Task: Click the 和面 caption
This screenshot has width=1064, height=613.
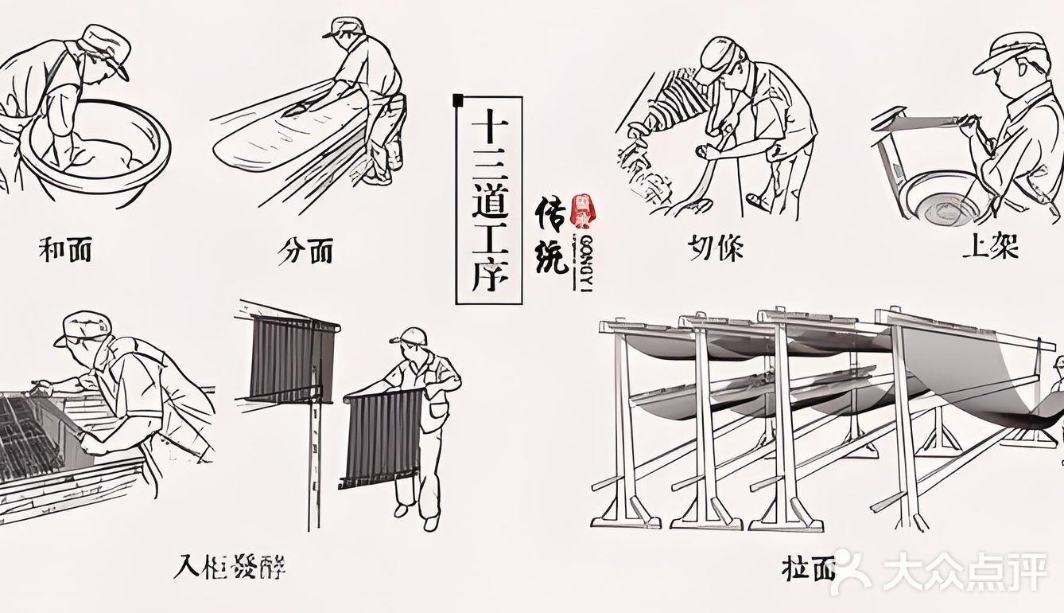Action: coord(65,249)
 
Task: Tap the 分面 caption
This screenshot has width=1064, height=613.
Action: coord(305,252)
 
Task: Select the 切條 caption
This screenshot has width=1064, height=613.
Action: coord(716,248)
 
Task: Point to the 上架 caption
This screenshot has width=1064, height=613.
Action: coord(990,247)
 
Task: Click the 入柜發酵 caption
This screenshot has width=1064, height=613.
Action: coord(230,567)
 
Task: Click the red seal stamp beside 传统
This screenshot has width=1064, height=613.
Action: coord(583,211)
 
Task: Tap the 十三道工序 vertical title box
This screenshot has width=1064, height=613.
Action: coord(488,200)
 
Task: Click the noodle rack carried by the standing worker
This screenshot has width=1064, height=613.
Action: coord(382,439)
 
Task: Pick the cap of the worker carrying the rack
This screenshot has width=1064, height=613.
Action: coord(410,336)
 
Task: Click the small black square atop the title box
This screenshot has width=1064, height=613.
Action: coord(457,100)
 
